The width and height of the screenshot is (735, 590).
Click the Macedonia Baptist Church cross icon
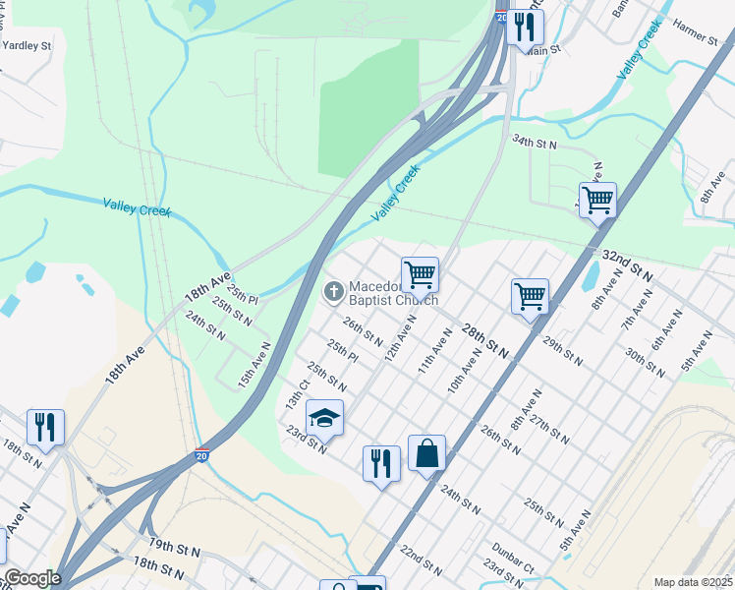(333, 291)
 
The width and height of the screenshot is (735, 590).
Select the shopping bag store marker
(426, 454)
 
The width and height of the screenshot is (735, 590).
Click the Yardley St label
(27, 45)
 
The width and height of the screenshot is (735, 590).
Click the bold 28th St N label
(488, 342)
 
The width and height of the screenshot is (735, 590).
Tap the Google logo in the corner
(31, 579)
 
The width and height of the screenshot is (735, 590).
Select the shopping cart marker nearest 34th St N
(596, 201)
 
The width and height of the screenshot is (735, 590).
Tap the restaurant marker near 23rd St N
(381, 462)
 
